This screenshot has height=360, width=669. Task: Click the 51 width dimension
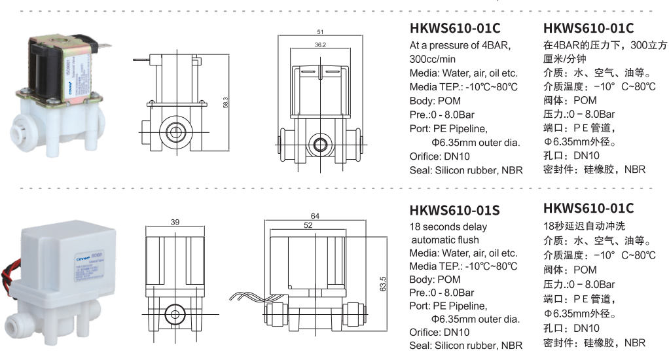click(319, 31)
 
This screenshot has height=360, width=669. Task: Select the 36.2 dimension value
click(319, 45)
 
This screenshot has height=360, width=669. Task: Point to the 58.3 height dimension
click(226, 103)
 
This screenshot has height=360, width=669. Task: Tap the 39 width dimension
click(175, 223)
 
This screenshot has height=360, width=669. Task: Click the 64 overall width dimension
click(315, 215)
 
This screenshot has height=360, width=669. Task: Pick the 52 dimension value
click(307, 225)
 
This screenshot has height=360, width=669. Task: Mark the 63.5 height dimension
click(382, 285)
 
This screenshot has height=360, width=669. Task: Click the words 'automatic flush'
click(445, 240)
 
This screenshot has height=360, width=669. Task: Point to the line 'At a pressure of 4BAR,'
click(460, 45)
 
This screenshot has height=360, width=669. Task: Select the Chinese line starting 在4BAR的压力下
click(605, 45)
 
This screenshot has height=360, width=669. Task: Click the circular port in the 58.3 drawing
click(175, 130)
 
